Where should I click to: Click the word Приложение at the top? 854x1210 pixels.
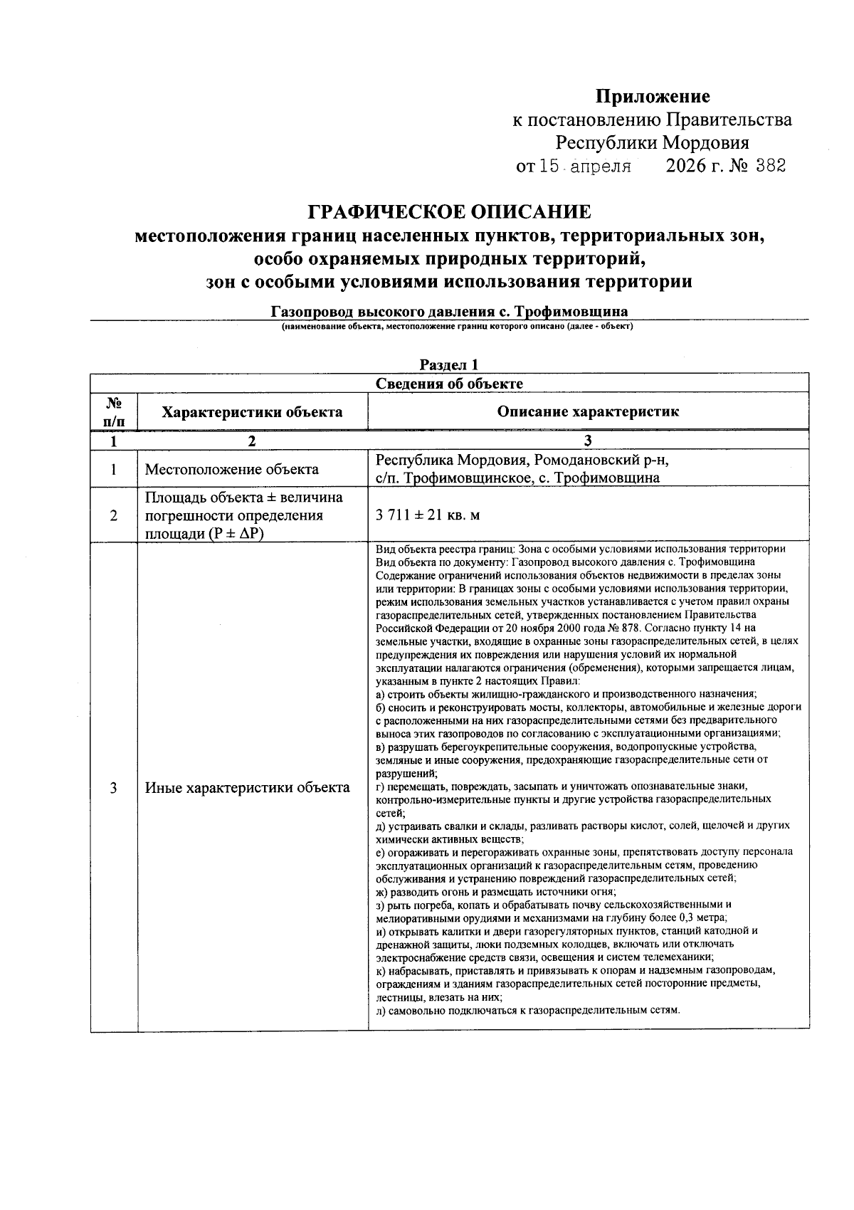[653, 96]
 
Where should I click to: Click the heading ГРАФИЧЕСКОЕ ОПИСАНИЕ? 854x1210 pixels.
[449, 212]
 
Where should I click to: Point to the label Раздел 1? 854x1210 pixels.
[449, 365]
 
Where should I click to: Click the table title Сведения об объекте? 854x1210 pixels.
[449, 384]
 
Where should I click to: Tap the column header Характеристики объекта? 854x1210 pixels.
[252, 412]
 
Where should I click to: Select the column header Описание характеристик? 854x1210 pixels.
[588, 411]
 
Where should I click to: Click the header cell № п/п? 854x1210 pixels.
[114, 412]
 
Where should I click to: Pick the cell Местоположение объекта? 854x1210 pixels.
[231, 469]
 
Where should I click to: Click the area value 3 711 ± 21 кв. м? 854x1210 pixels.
[428, 515]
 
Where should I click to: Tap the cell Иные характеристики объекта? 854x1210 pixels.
[247, 788]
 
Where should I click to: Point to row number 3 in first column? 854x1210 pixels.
[114, 788]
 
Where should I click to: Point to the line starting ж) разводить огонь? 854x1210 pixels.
[496, 892]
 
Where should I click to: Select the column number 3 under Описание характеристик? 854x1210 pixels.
[588, 441]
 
